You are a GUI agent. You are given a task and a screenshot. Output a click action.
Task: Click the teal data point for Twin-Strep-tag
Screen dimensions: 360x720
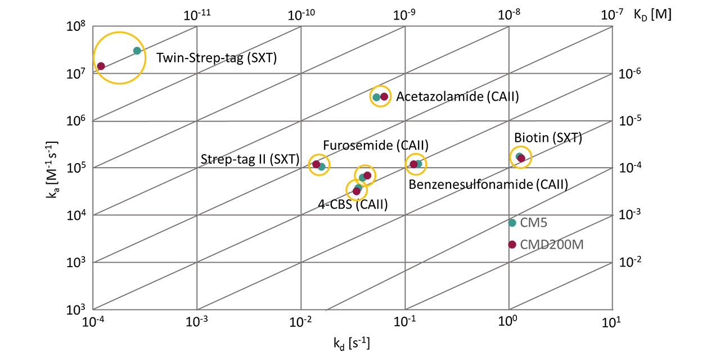(137, 51)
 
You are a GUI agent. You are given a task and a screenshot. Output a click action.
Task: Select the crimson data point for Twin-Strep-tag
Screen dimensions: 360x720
(101, 66)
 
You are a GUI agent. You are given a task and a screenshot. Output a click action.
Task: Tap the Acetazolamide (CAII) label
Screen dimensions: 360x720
(457, 97)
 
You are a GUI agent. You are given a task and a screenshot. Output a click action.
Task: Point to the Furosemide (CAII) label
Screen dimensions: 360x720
(375, 146)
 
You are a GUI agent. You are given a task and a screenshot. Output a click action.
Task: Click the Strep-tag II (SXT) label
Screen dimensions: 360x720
(250, 160)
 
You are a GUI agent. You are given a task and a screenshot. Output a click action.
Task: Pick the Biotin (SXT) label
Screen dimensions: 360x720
(547, 138)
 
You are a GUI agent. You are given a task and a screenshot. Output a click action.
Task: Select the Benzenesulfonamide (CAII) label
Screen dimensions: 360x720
(488, 184)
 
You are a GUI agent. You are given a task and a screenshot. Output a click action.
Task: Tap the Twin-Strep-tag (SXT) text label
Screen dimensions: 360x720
(217, 57)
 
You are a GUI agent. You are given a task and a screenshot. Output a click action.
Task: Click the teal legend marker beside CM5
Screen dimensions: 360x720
(512, 223)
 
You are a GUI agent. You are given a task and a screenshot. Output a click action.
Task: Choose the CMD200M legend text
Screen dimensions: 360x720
(551, 244)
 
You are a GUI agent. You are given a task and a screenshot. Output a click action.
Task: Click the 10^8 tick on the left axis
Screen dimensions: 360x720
(75, 26)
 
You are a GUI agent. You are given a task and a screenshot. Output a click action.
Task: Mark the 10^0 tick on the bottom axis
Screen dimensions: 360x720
(508, 322)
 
